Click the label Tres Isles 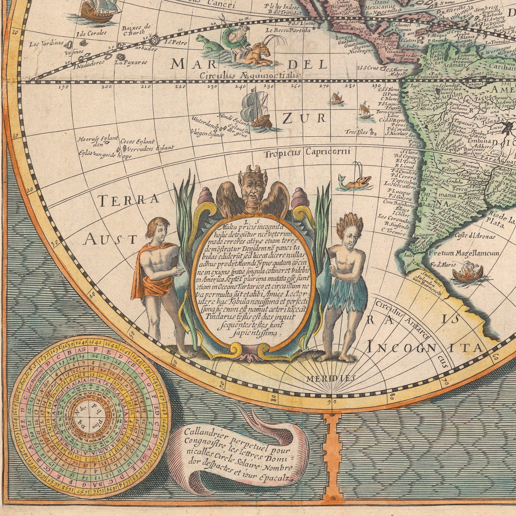[x=356, y=132]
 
